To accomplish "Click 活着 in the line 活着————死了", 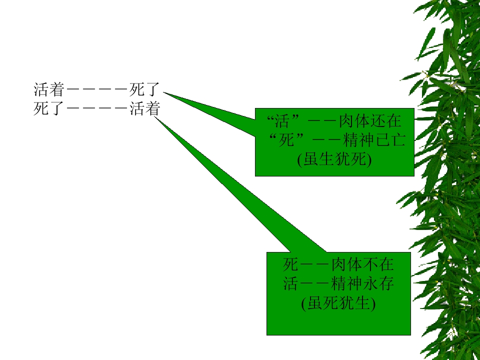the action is (49, 89).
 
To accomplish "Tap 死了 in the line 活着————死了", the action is (144, 89).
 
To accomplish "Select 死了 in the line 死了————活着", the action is (49, 108).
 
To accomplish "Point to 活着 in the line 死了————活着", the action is (144, 108).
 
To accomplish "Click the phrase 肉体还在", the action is (370, 121).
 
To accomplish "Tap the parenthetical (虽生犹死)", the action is (334, 159).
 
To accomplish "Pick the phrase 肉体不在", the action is (362, 264).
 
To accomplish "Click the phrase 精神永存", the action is (362, 284).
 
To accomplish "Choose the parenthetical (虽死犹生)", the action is (338, 303).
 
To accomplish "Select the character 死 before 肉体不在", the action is (290, 264).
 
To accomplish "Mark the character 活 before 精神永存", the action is (290, 284).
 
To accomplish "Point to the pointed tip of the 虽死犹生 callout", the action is (154, 116).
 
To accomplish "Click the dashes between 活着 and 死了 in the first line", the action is (97, 90).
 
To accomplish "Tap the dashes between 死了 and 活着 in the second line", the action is (97, 109).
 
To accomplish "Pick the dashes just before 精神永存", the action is (314, 284).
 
